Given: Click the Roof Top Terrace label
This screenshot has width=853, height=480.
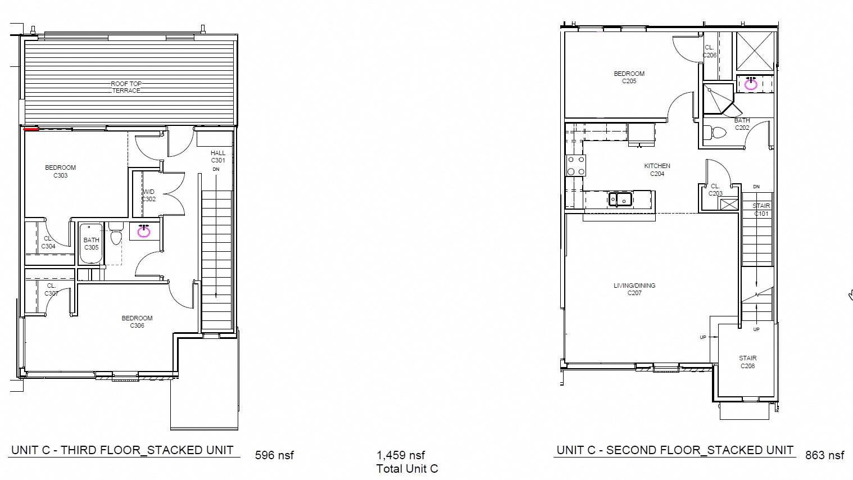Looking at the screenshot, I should [x=126, y=87].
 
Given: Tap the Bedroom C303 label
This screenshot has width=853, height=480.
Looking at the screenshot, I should [x=60, y=171].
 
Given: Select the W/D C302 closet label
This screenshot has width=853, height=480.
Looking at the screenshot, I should [x=148, y=196].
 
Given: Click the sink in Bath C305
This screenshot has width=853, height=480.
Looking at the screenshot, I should [x=144, y=230].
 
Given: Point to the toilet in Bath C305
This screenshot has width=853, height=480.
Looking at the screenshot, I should [x=116, y=235].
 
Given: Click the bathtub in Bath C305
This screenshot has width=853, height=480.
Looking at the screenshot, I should [x=91, y=243].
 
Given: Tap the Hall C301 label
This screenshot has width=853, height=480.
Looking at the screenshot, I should [x=218, y=156].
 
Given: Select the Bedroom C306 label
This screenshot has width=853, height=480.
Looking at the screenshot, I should [x=137, y=321].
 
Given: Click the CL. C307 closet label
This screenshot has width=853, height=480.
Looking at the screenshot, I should [x=51, y=289].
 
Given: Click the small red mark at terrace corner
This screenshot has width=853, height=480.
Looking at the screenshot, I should [x=31, y=129].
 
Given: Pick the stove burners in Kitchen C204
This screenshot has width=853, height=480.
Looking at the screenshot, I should [x=576, y=166].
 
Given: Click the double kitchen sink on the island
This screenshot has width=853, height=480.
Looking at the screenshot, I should [x=619, y=199].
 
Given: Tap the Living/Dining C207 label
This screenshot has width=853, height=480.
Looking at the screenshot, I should [x=634, y=289].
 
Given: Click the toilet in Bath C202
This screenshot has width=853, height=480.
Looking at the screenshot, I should [x=718, y=133].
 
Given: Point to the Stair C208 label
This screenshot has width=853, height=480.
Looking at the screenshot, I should [x=747, y=362].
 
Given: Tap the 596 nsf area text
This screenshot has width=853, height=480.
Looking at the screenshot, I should [x=274, y=455].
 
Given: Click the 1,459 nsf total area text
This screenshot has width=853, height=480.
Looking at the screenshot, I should [x=401, y=455].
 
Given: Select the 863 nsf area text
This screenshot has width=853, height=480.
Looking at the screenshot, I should [x=825, y=455].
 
